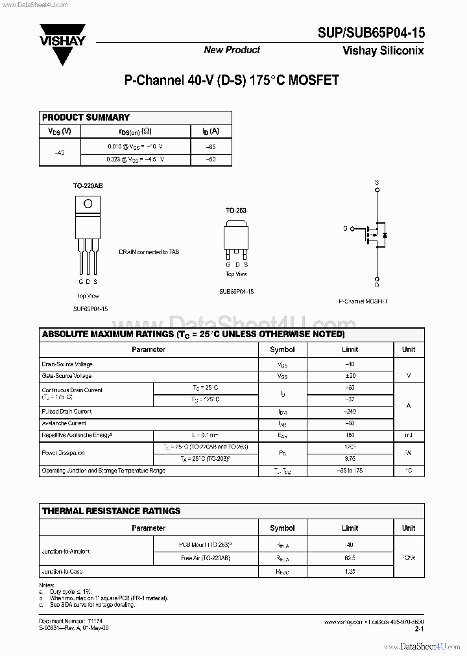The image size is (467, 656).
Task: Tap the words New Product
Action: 232,50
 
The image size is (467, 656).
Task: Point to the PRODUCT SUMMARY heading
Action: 86,117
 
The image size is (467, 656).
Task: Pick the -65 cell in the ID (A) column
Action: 211,147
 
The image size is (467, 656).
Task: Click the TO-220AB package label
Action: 88,186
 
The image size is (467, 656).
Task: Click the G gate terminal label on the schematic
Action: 344,229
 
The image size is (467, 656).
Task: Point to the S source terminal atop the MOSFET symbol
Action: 377,183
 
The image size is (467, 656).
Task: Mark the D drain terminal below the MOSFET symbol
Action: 377,284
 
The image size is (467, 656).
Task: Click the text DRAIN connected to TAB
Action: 149,252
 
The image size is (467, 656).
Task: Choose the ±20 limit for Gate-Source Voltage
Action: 350,376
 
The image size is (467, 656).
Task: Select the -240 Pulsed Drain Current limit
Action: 350,412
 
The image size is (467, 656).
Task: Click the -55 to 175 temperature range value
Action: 350,471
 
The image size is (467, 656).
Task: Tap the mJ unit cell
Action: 409,435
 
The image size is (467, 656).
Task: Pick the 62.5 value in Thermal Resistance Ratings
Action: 350,557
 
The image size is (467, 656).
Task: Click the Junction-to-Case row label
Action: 62,572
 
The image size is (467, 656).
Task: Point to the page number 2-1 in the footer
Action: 419,629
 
